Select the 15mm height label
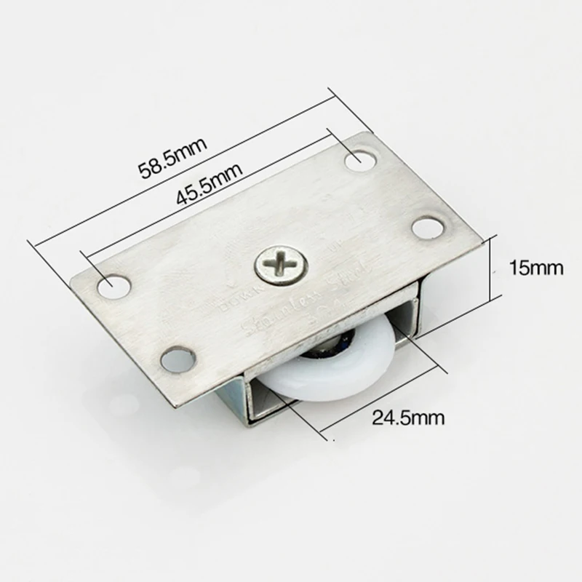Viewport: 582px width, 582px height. pos(536,268)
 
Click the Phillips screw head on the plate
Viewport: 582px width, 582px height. pos(279,266)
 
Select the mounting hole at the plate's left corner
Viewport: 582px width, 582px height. pos(113,287)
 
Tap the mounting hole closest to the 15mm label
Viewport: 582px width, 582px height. pos(428,228)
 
